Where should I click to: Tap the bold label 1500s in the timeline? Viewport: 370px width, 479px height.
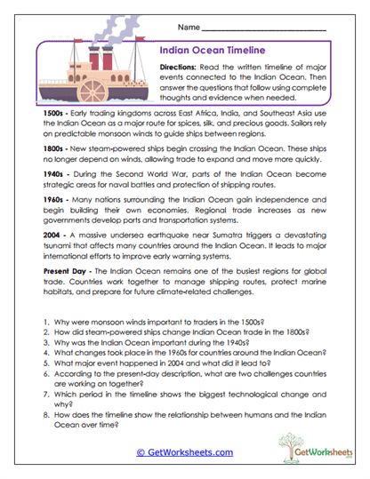pos(30,114)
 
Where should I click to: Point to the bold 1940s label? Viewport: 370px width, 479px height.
pos(30,174)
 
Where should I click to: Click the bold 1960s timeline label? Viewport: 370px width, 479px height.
pos(30,202)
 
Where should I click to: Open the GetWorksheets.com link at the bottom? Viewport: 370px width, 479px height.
pos(184,451)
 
